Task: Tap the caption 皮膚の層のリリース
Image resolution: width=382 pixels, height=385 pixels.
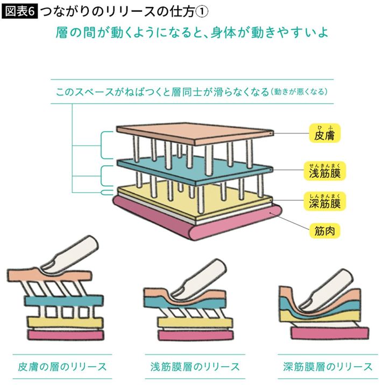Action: click(x=60, y=367)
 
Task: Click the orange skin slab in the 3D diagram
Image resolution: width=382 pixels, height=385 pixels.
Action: click(x=194, y=134)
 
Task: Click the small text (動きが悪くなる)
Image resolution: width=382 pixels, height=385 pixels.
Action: click(x=299, y=92)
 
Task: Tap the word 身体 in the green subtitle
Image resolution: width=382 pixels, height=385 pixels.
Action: click(x=224, y=33)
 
